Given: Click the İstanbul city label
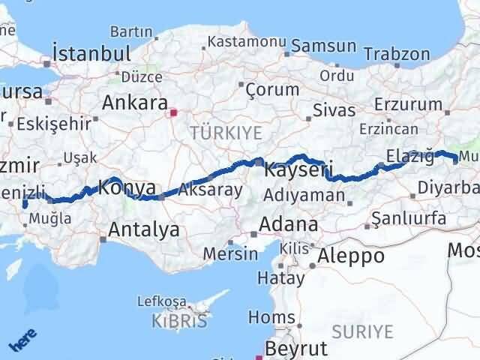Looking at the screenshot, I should click(x=91, y=54).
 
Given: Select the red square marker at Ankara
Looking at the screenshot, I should click(x=174, y=113).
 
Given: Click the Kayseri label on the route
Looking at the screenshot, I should click(x=298, y=170).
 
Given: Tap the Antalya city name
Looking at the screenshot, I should click(x=144, y=229).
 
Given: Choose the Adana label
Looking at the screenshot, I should click(x=288, y=224).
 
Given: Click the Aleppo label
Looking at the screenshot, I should click(x=351, y=256).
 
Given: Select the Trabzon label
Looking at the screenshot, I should click(x=397, y=54).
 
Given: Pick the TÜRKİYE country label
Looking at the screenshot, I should click(x=226, y=133).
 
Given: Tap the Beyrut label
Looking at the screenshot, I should click(x=296, y=349).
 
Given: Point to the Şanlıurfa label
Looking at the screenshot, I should click(x=413, y=218).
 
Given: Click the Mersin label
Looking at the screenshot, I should click(x=232, y=253).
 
